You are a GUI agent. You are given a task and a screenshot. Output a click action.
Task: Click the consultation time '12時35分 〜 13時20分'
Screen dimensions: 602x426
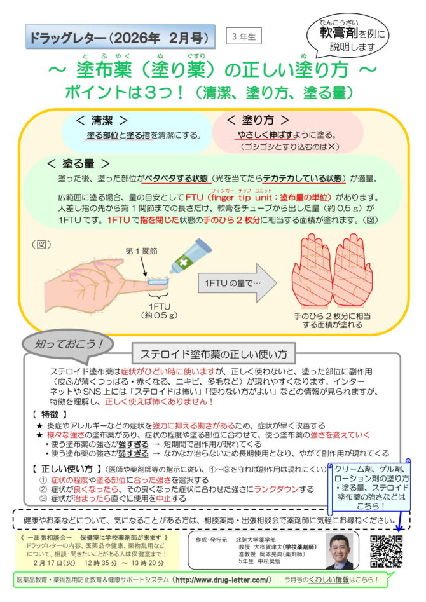pos(120,563)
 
